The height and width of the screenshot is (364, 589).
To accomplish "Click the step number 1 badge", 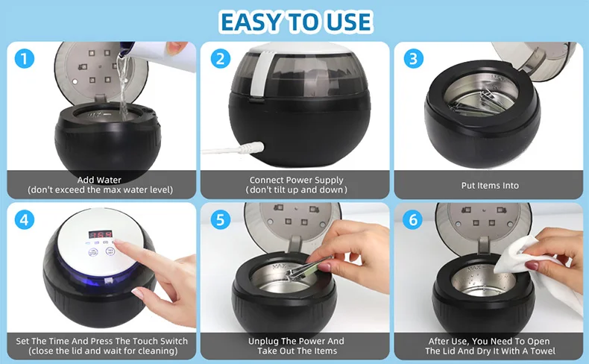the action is click(25, 59).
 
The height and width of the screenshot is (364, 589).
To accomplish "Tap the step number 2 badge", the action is click(221, 59).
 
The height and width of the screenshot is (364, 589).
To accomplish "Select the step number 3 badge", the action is click(414, 59).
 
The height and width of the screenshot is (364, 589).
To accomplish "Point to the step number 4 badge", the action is click(25, 220).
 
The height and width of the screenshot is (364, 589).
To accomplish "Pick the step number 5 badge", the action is click(221, 220).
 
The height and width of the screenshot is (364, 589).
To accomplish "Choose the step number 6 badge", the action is click(413, 220).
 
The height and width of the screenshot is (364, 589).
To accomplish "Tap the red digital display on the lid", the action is click(101, 234).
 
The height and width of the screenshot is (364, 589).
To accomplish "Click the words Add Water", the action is click(99, 180).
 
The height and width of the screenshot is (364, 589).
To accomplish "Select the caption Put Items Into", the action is click(490, 186).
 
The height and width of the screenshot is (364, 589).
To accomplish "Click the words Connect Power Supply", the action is click(297, 180).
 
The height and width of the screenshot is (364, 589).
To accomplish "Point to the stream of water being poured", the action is click(122, 87).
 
